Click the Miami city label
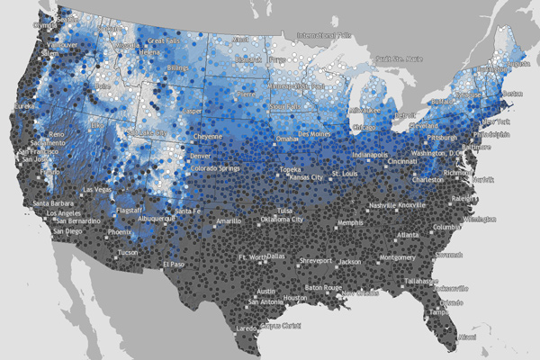[x=466, y=337]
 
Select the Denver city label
[x=201, y=156]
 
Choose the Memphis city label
[x=350, y=222]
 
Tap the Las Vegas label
[x=98, y=190]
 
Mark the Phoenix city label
[x=120, y=231]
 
